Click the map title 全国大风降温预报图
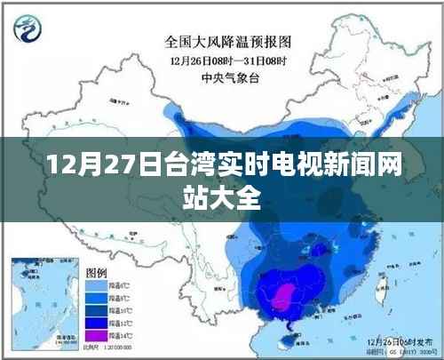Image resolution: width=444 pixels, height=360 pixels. [228, 40]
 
